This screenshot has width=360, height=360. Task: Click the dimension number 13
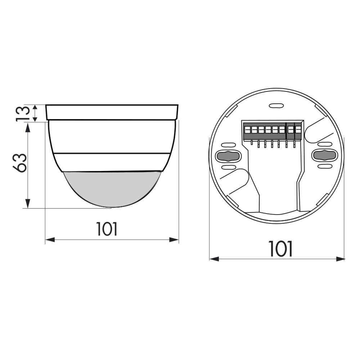tap(22, 113)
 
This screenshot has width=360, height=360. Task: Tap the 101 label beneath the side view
tap(107, 229)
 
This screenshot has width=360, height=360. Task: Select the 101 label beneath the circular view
tap(280, 249)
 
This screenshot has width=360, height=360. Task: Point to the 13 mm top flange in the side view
tap(112, 112)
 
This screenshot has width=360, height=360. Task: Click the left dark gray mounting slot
tap(228, 156)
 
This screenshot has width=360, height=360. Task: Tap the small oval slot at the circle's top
tap(276, 106)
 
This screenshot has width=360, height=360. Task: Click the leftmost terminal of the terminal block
tap(247, 130)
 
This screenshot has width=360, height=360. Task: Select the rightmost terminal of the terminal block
tap(298, 130)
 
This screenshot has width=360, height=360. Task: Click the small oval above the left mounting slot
tap(228, 145)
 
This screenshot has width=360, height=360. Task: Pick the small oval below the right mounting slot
tap(324, 166)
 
